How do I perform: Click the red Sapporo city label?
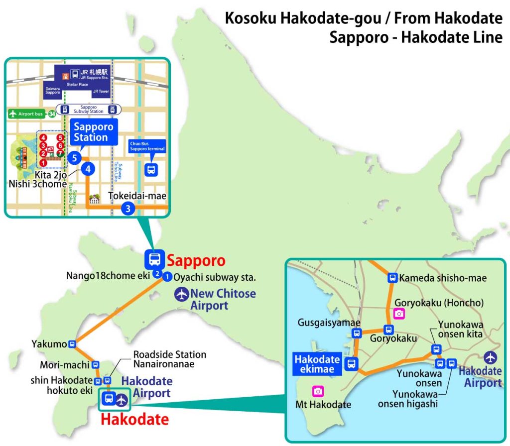pos(196,260)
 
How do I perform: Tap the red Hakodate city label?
pos(134,419)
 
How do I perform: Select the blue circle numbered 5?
pos(74,158)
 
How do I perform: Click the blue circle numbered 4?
pos(88,169)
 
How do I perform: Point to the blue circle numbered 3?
pos(128,209)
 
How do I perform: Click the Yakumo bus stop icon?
pos(73,343)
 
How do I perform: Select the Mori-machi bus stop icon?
pos(95,364)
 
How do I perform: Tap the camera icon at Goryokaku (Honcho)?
pos(398,313)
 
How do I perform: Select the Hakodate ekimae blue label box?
pos(317,364)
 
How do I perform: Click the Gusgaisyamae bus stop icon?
pos(357,334)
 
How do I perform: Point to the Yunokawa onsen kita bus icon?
pos(436,349)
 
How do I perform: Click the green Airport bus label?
pos(26,114)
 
